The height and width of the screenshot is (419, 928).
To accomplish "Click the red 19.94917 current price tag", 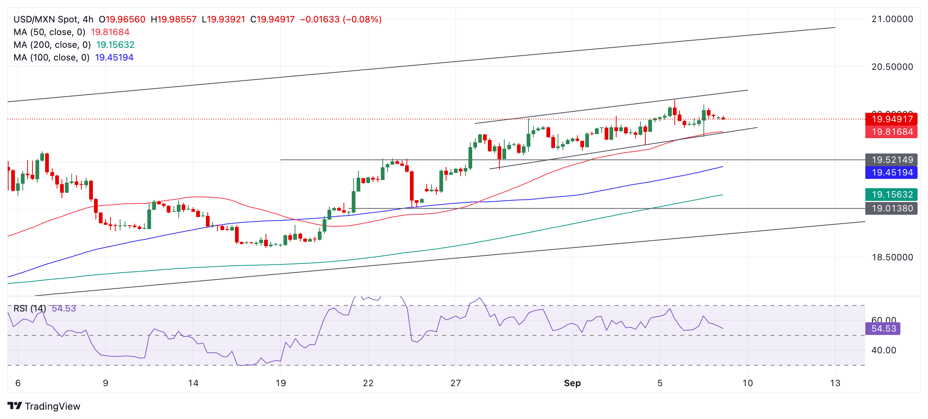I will click(x=891, y=119).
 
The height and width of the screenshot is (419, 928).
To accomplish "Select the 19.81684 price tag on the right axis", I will click(x=891, y=132).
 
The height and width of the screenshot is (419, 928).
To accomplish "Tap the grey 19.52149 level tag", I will click(x=891, y=160).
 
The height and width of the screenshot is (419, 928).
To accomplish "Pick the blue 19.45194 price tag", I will click(x=891, y=173).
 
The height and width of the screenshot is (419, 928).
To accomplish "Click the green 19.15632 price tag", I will click(x=891, y=195).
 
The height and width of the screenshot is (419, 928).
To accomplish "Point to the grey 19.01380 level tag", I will click(x=891, y=208).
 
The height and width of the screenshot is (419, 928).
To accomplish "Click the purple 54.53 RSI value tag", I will click(x=883, y=329).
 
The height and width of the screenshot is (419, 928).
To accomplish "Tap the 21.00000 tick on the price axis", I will click(x=892, y=19).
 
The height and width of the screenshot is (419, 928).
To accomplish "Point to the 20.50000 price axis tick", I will click(x=892, y=67).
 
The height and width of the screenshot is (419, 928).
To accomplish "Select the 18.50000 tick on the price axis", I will click(x=892, y=257).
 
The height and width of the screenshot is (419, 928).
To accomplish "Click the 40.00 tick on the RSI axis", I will click(x=884, y=350).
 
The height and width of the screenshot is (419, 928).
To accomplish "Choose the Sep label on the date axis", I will click(x=572, y=383).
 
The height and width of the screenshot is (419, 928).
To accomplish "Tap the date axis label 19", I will click(x=280, y=383).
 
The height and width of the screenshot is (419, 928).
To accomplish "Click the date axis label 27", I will click(x=455, y=383).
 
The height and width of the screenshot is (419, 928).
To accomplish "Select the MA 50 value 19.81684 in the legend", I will click(x=110, y=32).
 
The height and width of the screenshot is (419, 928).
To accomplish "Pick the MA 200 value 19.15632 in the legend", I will click(x=115, y=45).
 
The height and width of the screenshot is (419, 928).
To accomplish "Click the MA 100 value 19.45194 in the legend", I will click(x=114, y=58).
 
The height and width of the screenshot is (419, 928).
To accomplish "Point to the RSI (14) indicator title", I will click(x=30, y=308).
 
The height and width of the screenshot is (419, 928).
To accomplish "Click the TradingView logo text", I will click(x=52, y=406).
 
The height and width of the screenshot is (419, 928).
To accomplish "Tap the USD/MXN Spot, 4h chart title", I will click(x=53, y=19).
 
